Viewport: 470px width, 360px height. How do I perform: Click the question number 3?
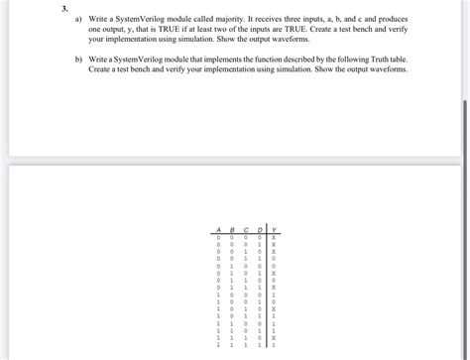(63, 7)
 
